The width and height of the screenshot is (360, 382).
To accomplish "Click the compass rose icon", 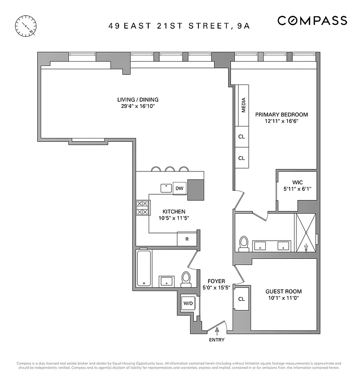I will [26, 26].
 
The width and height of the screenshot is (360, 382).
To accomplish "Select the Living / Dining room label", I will [138, 100].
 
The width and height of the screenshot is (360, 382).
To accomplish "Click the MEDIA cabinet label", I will [243, 106].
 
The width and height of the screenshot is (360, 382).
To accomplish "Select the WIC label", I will [297, 182].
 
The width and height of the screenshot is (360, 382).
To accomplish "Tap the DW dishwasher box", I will [179, 188].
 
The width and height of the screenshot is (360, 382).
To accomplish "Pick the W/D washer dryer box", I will [187, 303].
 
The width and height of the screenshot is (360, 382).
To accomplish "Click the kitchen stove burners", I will [142, 207].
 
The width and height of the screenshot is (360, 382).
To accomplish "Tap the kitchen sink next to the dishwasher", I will [166, 188].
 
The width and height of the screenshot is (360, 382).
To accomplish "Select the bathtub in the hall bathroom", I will [144, 268].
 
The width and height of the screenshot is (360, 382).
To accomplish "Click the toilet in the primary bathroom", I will [244, 243].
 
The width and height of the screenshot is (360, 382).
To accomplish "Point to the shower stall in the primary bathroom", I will [306, 233].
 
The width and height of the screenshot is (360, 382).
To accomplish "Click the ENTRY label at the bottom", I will [216, 340].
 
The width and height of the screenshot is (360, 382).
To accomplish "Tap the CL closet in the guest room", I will [241, 299].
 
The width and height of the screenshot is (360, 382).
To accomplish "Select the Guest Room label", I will [284, 291].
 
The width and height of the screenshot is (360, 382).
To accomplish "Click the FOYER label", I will [216, 281].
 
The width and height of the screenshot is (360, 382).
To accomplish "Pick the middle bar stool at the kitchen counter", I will [170, 169].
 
